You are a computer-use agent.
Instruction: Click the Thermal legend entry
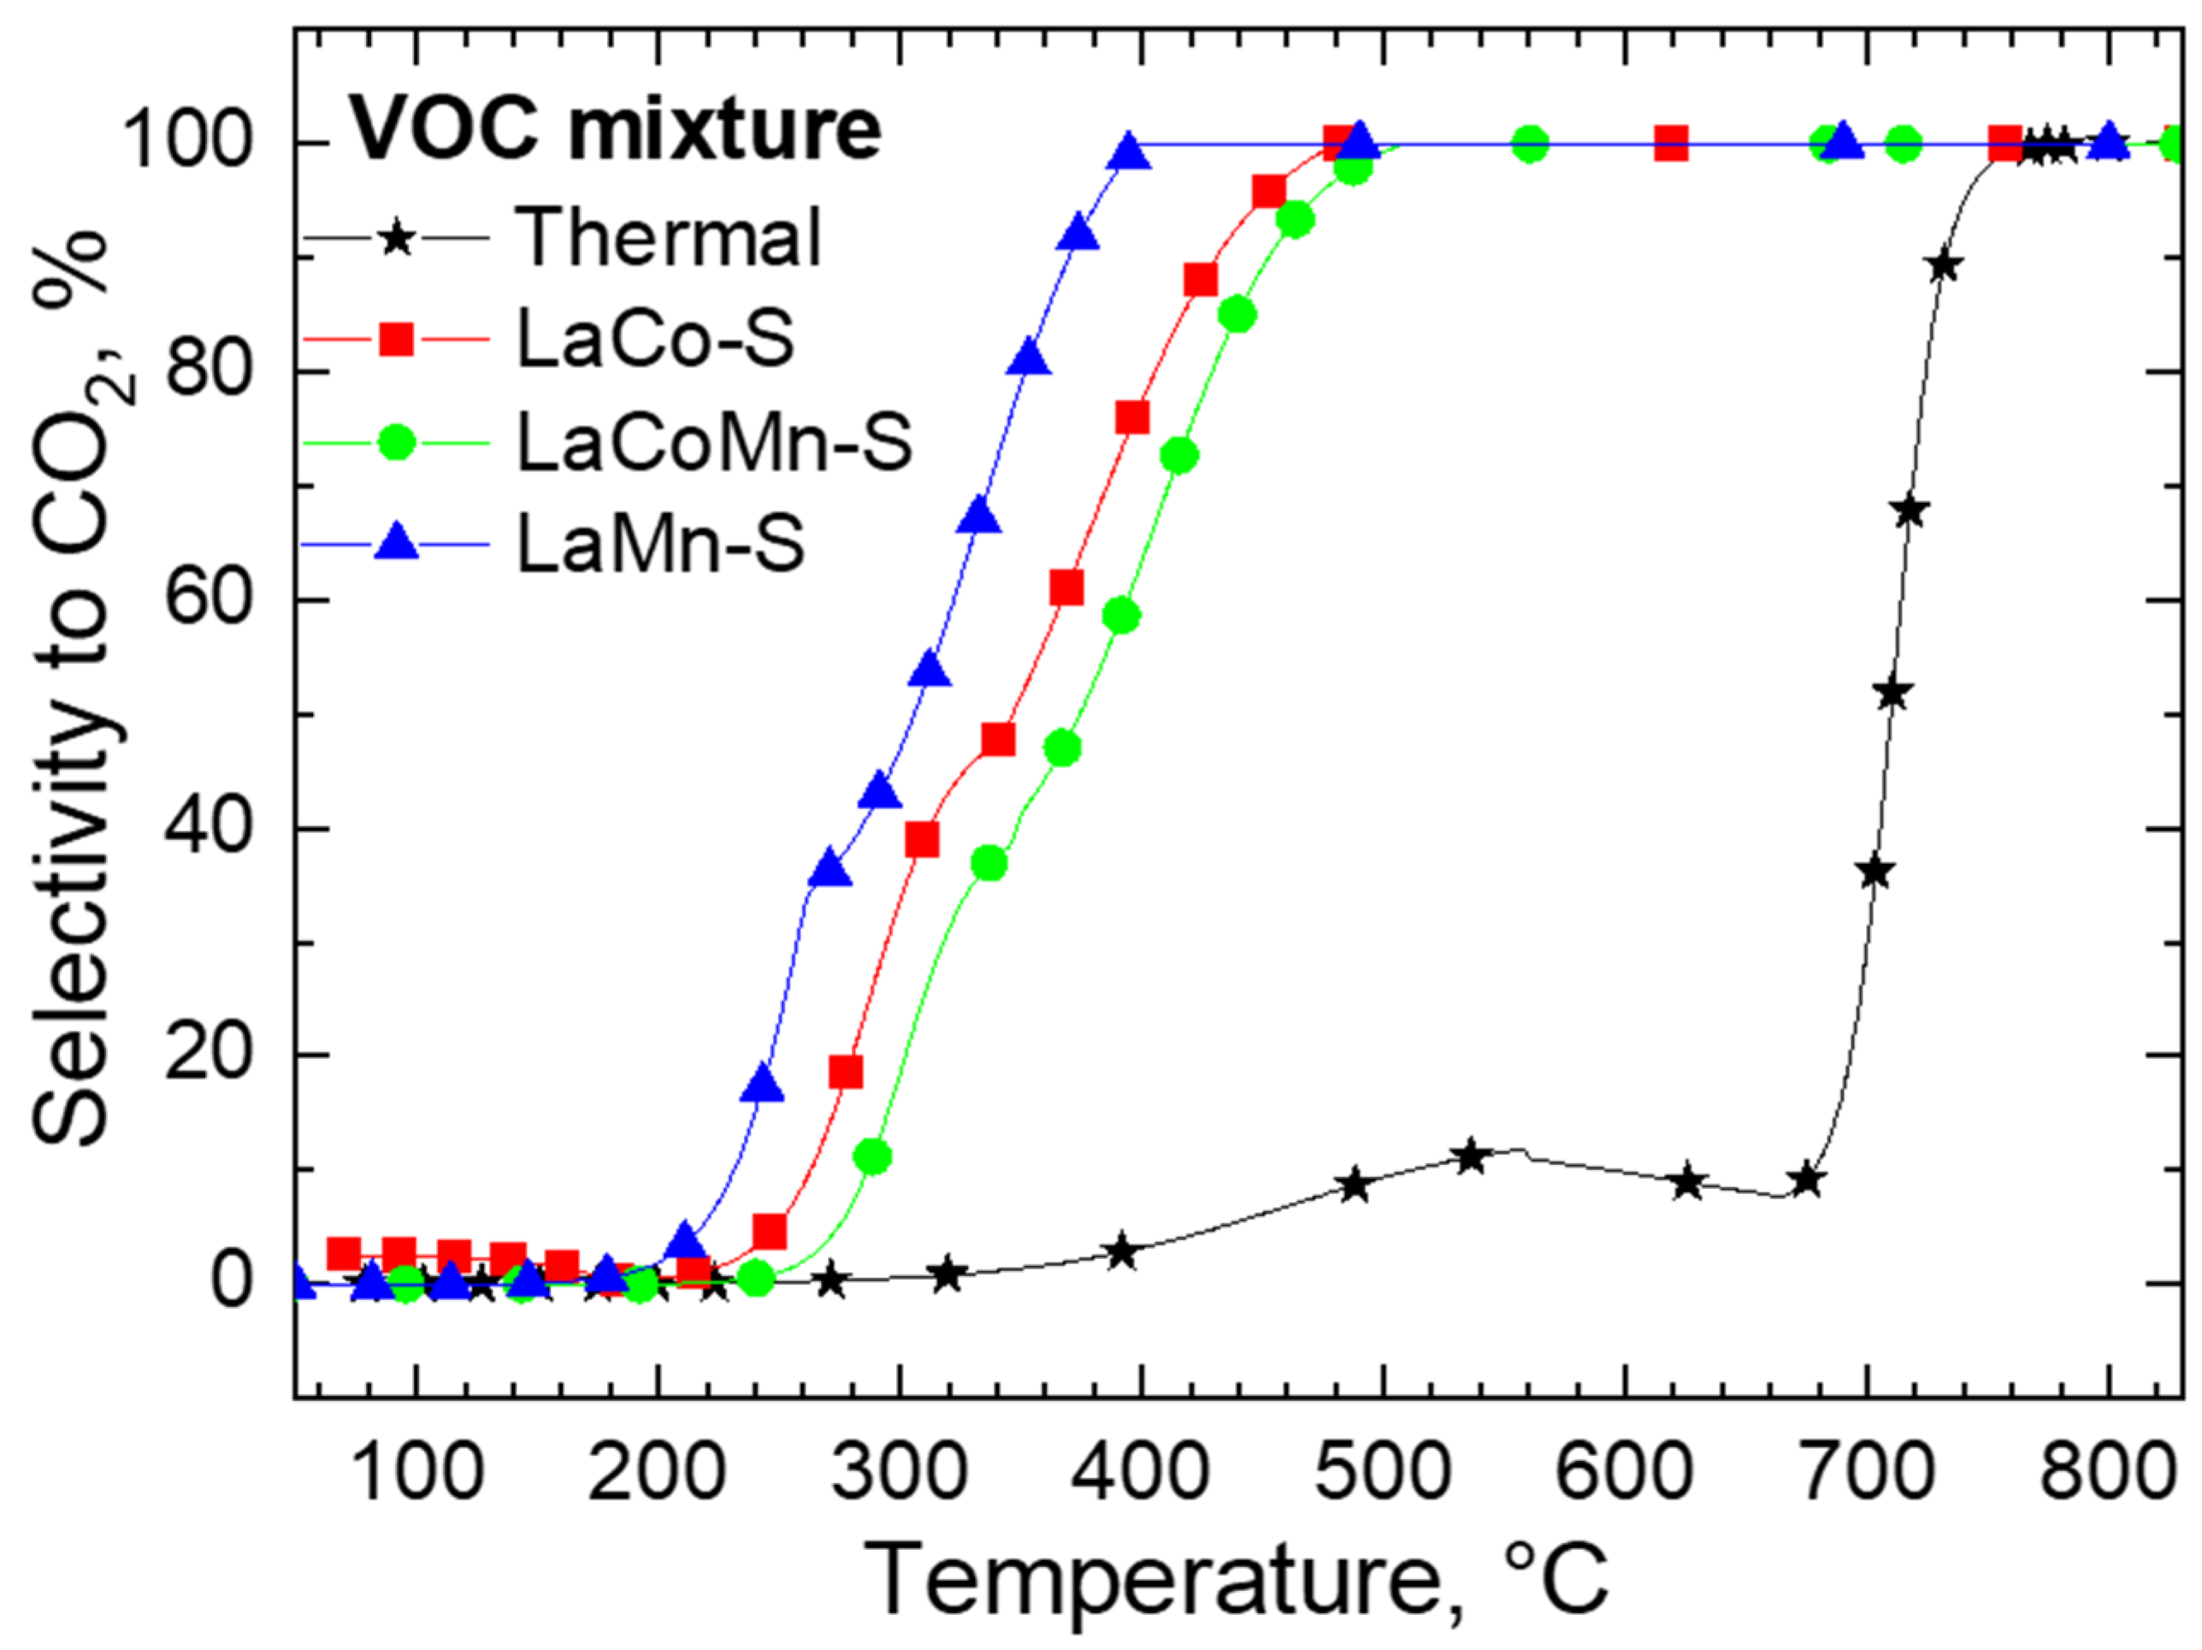click(667, 237)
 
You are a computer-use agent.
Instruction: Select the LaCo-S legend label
click(654, 340)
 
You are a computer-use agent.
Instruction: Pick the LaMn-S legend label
click(659, 545)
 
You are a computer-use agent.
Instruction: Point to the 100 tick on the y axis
click(200, 145)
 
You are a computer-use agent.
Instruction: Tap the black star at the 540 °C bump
click(1470, 1157)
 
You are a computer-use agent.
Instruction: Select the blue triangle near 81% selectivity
click(1029, 358)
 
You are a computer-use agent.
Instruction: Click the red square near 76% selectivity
click(1132, 418)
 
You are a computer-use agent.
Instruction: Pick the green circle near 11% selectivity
click(873, 1157)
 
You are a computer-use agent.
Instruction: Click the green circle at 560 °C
click(1530, 145)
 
